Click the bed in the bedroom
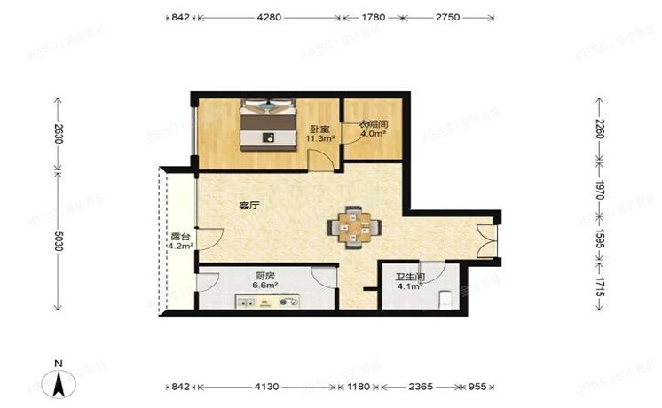coord(268,125)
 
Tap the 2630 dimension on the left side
coord(57,135)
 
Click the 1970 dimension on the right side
coord(600,191)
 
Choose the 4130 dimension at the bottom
coord(267,388)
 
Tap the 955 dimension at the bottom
coord(477,388)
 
